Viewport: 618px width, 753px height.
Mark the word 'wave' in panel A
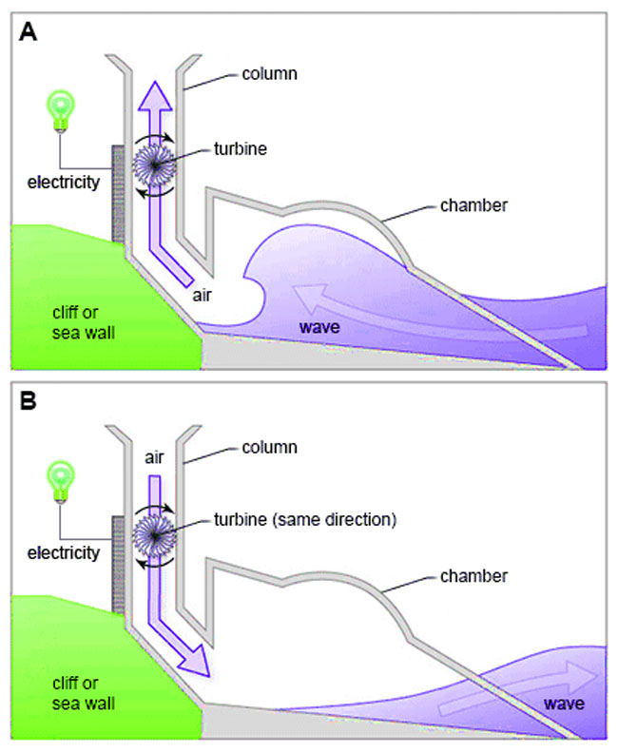(x=320, y=327)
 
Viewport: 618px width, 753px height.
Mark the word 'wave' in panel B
(x=563, y=705)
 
